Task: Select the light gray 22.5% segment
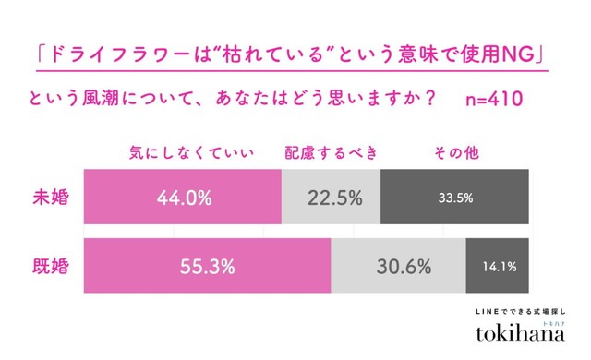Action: pos(330,198)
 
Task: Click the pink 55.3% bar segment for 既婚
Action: pos(207,268)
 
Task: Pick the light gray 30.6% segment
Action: pos(398,268)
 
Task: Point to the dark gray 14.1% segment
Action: pos(499,268)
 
